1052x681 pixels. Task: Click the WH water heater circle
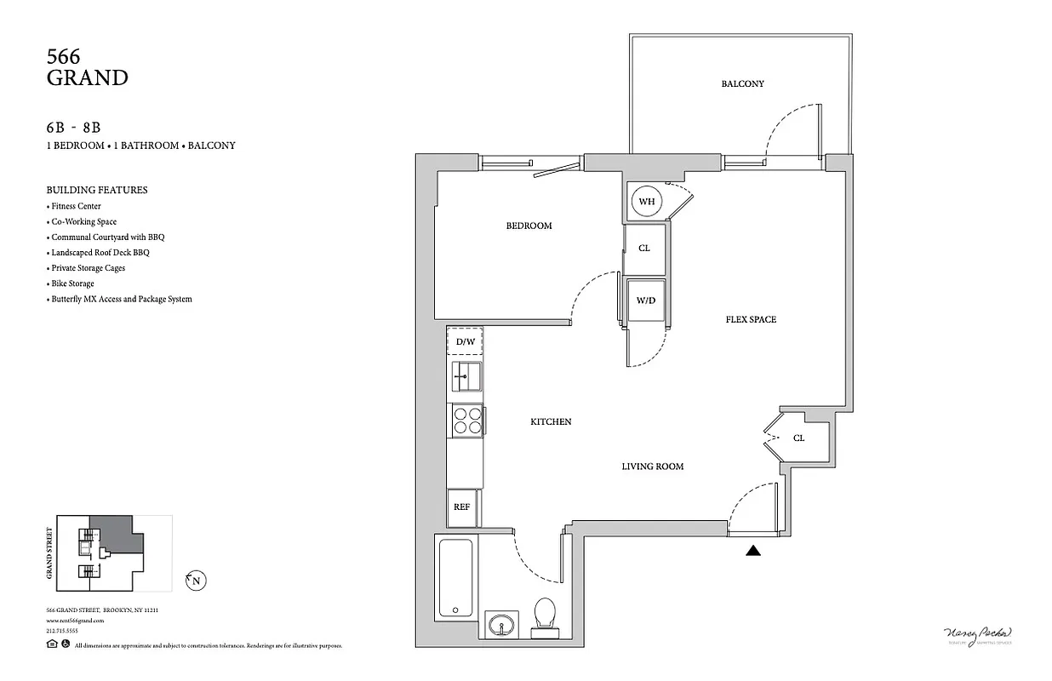[647, 202]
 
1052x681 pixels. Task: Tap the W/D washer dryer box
[646, 300]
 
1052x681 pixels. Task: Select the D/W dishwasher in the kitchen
[465, 341]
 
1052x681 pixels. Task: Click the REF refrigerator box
[462, 507]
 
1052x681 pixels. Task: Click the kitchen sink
[466, 375]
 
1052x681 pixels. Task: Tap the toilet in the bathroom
[543, 616]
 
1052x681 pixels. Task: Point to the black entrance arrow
[752, 552]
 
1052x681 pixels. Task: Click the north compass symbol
[197, 581]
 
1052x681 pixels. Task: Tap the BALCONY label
[742, 84]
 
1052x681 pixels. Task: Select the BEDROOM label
[529, 226]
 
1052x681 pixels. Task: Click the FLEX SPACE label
[751, 320]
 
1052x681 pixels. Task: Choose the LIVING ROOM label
[652, 466]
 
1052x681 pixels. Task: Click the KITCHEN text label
[551, 422]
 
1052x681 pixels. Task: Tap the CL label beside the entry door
[798, 438]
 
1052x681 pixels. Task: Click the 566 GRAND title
[87, 68]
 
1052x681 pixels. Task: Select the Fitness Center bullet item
[76, 206]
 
